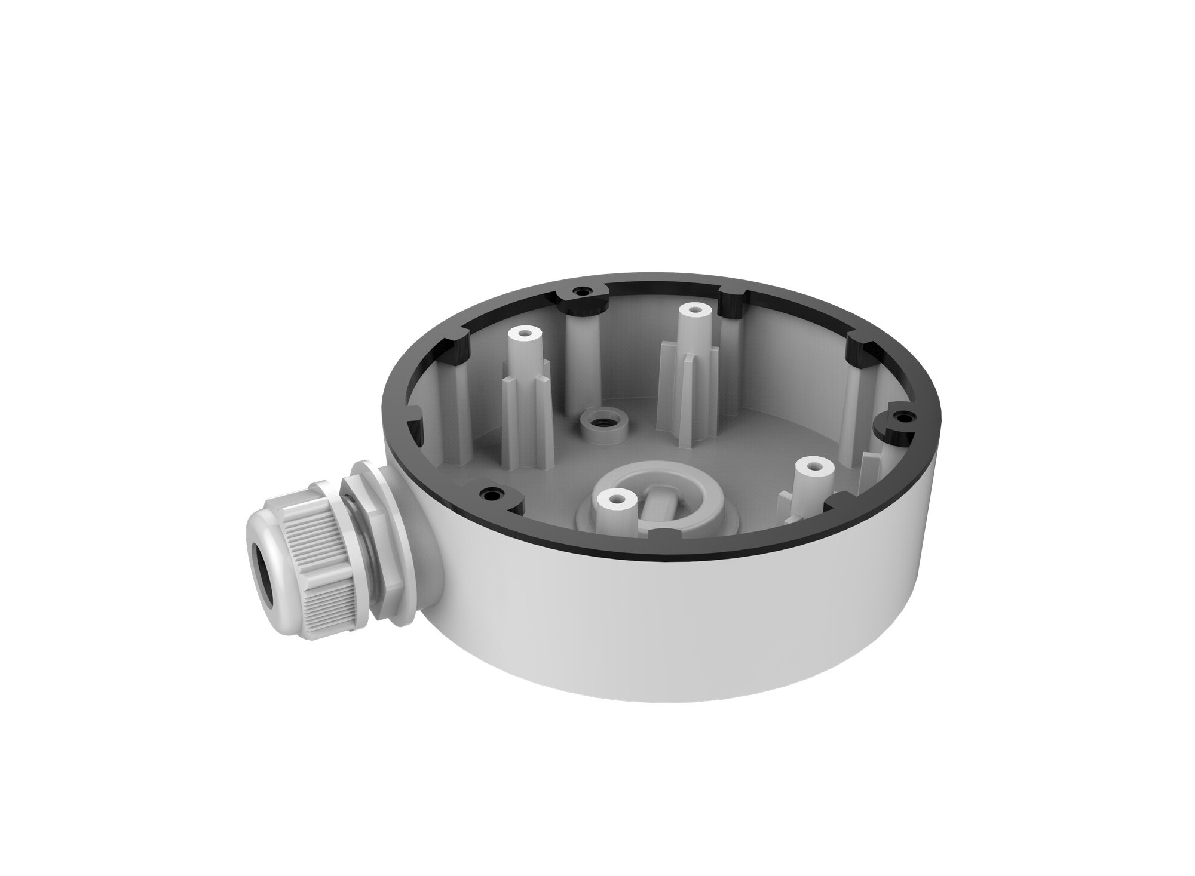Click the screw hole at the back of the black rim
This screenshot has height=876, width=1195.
[578, 291]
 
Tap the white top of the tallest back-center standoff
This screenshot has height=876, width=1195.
[693, 311]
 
